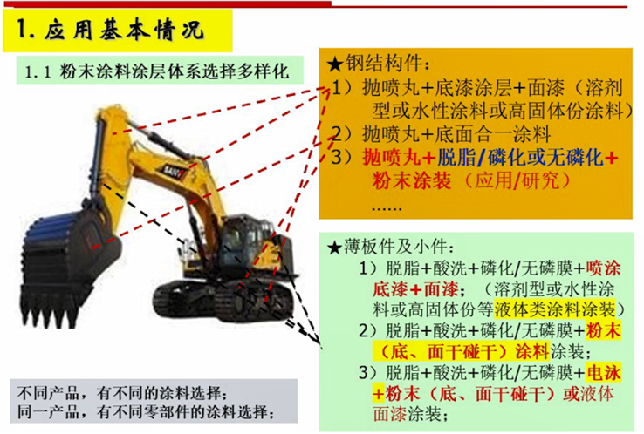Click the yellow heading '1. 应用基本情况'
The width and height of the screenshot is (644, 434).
coord(110,30)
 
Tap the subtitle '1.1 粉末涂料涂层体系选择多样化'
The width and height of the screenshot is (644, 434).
coord(157,71)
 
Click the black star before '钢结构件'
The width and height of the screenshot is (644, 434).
coord(336,64)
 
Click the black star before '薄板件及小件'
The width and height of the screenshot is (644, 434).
coord(335,248)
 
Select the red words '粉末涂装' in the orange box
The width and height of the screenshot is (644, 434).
coord(412,180)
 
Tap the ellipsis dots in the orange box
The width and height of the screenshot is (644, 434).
coord(387,209)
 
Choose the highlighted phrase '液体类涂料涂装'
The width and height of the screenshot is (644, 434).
coord(555,309)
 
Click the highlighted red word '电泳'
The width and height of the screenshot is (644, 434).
coord(604,373)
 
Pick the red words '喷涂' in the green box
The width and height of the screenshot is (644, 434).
coord(604,268)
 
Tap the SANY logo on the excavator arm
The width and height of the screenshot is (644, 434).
coord(175,171)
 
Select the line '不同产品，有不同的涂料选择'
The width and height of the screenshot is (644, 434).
coord(121,393)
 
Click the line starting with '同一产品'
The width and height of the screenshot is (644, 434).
coord(146,412)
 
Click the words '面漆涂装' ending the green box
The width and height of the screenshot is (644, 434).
coord(407,414)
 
